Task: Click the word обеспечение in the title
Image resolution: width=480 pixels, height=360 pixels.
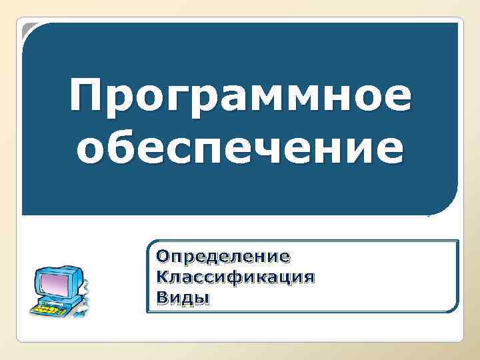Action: point(240,148)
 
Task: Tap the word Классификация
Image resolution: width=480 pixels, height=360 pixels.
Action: point(234,277)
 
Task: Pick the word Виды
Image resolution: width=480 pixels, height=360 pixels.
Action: point(182,297)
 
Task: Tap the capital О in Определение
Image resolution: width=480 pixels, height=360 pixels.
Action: point(162,256)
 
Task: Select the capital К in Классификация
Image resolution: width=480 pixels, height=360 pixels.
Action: point(162,277)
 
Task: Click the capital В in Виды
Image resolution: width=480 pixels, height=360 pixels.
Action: point(161,297)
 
